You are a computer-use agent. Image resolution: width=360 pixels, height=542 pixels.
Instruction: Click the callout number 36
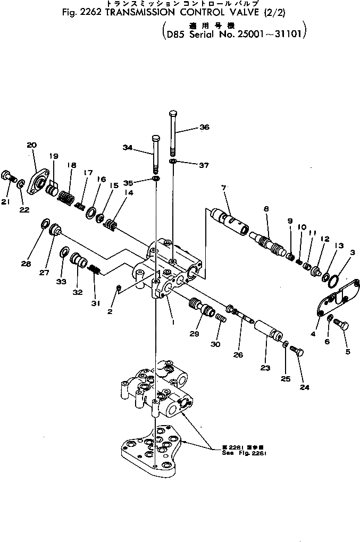[205, 127]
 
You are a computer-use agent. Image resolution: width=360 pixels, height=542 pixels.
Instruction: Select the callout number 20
[31, 145]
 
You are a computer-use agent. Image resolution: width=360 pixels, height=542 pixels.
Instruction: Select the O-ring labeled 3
[332, 281]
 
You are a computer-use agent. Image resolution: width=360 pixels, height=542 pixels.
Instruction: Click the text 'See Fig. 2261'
[244, 453]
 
